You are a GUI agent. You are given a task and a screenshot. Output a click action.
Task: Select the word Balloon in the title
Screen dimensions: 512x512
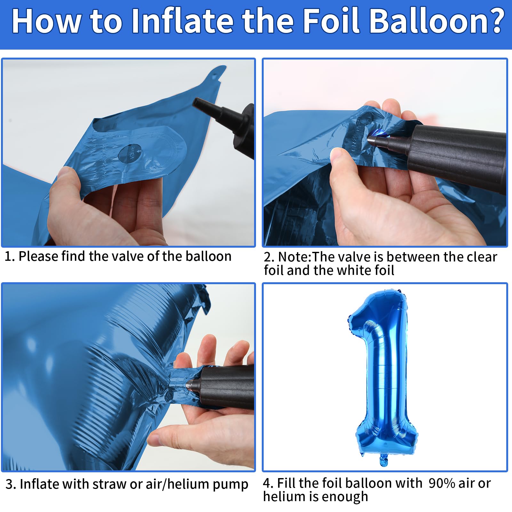tap(424, 21)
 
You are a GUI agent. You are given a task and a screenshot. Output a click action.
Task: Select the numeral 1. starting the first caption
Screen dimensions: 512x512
tap(9, 257)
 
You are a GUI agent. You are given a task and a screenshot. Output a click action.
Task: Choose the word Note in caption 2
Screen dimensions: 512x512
tap(294, 257)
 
